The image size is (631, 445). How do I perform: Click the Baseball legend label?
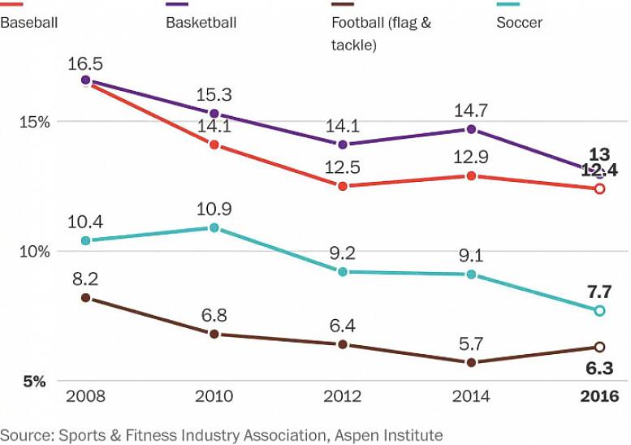tap(28, 23)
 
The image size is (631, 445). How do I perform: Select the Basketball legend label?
tap(201, 23)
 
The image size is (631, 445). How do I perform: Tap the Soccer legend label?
tap(519, 23)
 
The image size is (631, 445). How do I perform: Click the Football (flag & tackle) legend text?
tap(381, 33)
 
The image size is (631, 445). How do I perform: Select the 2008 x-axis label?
tap(85, 396)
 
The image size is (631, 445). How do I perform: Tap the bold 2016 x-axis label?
tap(599, 396)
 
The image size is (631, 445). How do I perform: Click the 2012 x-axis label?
tap(343, 396)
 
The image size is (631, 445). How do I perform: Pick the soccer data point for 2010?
tap(214, 228)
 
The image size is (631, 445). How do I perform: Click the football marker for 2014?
tap(471, 362)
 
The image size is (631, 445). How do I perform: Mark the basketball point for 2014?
tap(471, 129)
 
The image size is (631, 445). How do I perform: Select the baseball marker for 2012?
tap(343, 186)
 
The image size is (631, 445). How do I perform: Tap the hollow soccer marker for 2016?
tap(599, 311)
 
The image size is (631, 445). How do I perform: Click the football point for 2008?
tap(85, 298)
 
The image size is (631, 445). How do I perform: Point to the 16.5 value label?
tap(85, 63)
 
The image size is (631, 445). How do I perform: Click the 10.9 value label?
tap(214, 209)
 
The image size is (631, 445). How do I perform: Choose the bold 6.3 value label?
tap(599, 368)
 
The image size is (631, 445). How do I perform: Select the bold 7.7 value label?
tap(599, 292)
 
